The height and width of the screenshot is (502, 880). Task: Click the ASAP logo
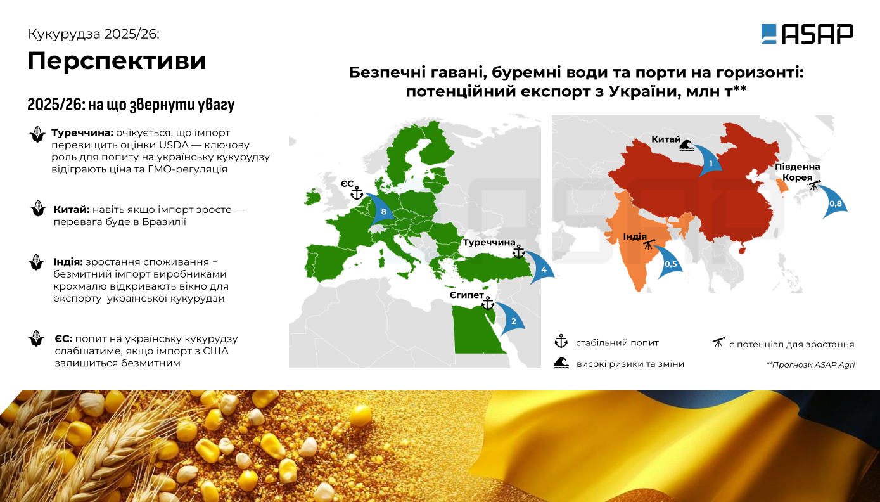tap(807, 34)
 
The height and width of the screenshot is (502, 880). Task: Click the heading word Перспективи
tap(117, 61)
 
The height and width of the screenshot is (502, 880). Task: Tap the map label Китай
tap(666, 139)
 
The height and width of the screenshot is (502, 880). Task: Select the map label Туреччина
tap(488, 243)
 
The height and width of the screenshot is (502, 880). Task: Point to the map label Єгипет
tap(467, 295)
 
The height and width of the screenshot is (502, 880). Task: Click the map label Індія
tap(635, 236)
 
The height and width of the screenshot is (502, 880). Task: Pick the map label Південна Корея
tap(797, 172)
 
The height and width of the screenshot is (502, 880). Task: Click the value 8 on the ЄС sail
tap(383, 212)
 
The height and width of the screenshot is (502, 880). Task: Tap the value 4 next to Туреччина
tap(544, 269)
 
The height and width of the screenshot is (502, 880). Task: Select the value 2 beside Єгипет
tap(513, 321)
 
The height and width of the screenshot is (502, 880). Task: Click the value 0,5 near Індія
tap(670, 264)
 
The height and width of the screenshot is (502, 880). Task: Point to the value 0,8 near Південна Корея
tap(836, 203)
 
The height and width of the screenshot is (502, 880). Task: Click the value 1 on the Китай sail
tap(711, 163)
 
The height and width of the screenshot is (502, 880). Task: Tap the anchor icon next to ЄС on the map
tap(356, 193)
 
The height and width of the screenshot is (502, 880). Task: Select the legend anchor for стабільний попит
tap(561, 341)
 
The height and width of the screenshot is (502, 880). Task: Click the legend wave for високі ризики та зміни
tap(562, 363)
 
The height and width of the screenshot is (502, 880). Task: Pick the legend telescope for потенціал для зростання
tap(718, 342)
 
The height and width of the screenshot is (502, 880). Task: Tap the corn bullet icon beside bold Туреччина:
tap(38, 134)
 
